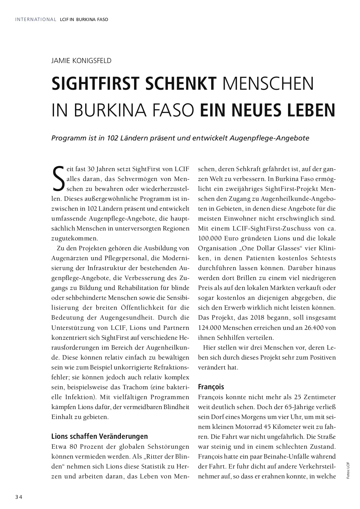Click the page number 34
click(19, 497)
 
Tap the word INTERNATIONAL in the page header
click(36, 20)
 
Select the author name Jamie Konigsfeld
click(81, 61)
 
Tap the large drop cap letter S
click(58, 178)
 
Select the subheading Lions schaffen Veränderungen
click(100, 436)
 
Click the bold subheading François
click(211, 387)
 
